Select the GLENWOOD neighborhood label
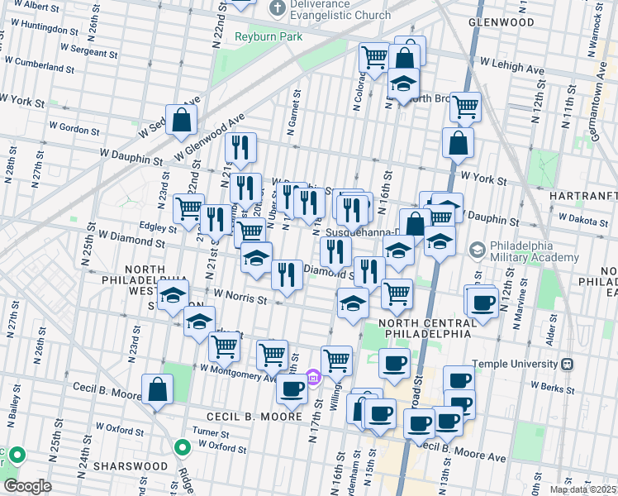click(501, 22)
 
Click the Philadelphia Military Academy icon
click(478, 249)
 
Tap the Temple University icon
click(567, 364)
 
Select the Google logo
click(27, 485)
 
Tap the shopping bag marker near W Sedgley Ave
click(182, 120)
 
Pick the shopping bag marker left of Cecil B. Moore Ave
click(157, 390)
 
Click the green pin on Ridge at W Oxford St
click(183, 448)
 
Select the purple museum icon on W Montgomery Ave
click(313, 378)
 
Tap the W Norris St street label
click(240, 296)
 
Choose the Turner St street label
click(211, 433)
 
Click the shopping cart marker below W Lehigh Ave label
click(465, 106)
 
